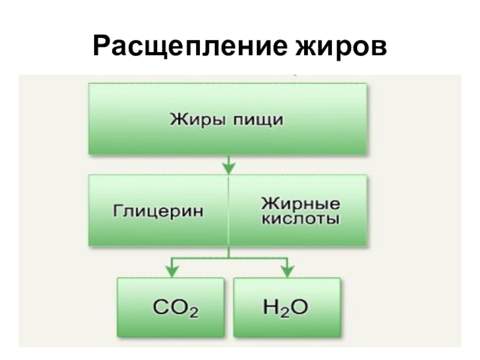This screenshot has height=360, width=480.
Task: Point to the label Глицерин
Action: pyautogui.click(x=157, y=211)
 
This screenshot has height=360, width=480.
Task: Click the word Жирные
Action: pyautogui.click(x=299, y=203)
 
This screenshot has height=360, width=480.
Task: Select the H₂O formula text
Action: pyautogui.click(x=286, y=308)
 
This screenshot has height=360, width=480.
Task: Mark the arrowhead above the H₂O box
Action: pyautogui.click(x=286, y=268)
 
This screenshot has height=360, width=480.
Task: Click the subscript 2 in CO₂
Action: pyautogui.click(x=193, y=313)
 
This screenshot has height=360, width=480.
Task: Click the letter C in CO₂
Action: pyautogui.click(x=161, y=308)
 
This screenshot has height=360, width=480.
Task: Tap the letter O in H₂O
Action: pyautogui.click(x=299, y=308)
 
